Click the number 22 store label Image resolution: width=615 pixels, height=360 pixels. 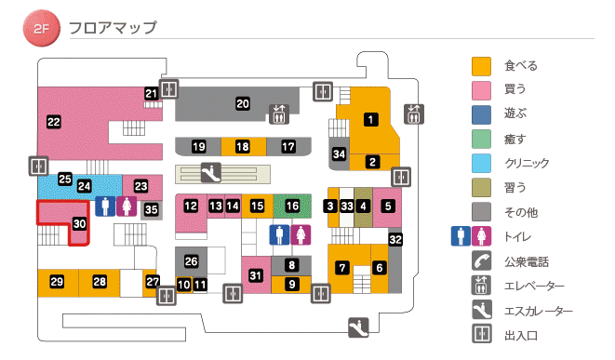tap(54, 122)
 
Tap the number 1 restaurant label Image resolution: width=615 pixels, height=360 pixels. tap(370, 118)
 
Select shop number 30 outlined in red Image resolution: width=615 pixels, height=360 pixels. tap(79, 224)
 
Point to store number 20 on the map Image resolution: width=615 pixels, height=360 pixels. tap(242, 103)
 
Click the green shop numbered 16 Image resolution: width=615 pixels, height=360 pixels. tap(293, 205)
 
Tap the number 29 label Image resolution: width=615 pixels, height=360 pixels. tap(57, 282)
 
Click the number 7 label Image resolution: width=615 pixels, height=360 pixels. tap(342, 268)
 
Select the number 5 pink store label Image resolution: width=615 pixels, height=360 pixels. tap(388, 205)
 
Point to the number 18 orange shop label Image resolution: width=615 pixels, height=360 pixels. tap(242, 147)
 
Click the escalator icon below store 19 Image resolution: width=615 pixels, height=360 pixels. tap(211, 171)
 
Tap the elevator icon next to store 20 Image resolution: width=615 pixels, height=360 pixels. tap(279, 113)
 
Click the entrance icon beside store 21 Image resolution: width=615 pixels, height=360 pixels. tap(168, 89)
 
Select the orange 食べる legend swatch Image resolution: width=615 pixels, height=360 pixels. tap(481, 66)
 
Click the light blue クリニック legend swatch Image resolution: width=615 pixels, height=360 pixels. tap(481, 163)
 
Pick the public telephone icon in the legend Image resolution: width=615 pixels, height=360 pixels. tap(481, 260)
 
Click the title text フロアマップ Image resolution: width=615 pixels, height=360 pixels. tap(113, 28)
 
